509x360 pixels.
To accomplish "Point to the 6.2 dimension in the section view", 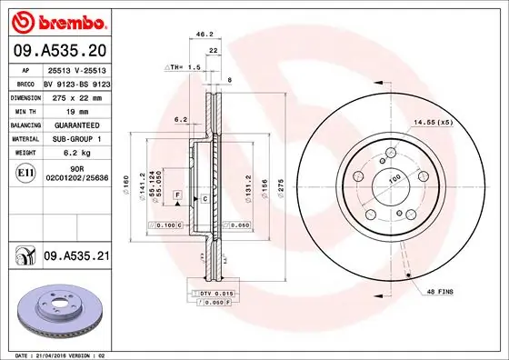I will [180, 119].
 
